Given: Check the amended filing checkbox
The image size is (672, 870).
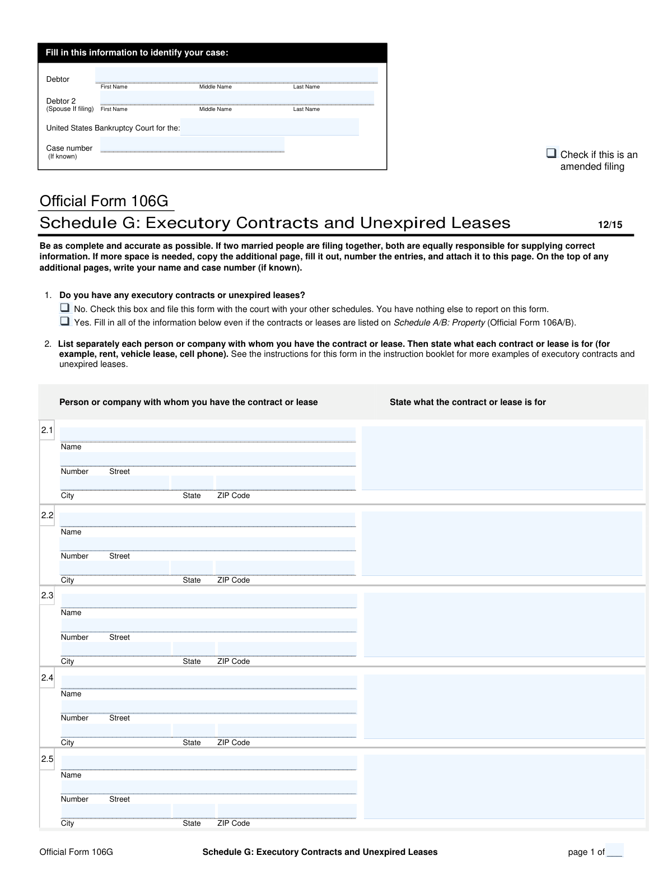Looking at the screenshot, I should coord(552,153).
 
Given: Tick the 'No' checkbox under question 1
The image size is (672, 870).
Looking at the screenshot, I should coord(65,308).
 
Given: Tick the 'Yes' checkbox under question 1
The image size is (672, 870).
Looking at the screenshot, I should coord(65,322).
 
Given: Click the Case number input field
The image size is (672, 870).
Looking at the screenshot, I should coord(192,145).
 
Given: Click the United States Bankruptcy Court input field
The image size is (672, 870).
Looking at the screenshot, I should coord(269,127).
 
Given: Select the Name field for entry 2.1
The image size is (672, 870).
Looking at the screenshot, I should coord(208,435).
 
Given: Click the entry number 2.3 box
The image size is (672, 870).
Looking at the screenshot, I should coord(47,595).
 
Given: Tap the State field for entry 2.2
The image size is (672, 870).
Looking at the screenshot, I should coord(192,568).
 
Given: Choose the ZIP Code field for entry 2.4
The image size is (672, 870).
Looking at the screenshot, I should coord(286,730).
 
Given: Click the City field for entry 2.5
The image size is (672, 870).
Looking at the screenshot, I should coord(115,811).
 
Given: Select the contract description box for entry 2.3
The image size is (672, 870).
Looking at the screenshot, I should coord(504,625).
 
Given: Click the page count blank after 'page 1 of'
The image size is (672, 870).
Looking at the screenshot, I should coord(614,851).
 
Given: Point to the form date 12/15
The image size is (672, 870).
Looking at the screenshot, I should coord(610,225).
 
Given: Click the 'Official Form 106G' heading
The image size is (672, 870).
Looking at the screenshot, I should coord(104,201).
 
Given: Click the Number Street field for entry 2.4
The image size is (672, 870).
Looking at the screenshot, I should coord(208,707).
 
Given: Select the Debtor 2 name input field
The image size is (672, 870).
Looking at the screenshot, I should coord(236,98).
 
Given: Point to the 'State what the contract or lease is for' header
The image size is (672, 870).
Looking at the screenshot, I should coord(468,402).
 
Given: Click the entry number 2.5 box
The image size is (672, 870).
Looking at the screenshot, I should coord(47,759).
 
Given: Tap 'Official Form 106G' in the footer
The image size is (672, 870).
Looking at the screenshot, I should coord(76,852).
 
